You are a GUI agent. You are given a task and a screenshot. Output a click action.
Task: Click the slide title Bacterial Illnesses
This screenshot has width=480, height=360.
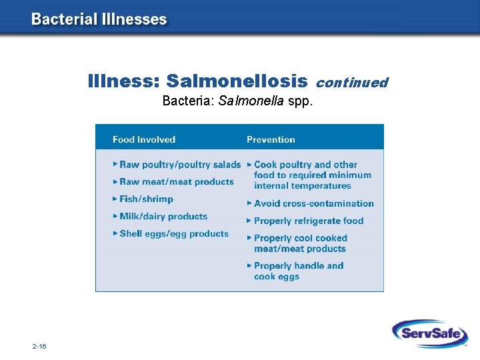(x=99, y=19)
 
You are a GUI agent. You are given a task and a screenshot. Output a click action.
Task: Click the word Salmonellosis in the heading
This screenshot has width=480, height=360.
(x=237, y=81)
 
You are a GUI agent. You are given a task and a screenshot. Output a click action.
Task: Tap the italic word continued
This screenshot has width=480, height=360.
(x=351, y=83)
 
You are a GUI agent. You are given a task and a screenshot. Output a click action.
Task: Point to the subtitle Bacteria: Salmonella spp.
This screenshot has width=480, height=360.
(x=237, y=101)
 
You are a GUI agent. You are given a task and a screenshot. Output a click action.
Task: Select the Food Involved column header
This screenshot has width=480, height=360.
(x=144, y=139)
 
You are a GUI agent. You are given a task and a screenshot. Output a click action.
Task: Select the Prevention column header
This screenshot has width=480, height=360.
(x=271, y=139)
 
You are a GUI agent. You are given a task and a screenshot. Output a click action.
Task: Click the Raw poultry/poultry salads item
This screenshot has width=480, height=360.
(x=180, y=165)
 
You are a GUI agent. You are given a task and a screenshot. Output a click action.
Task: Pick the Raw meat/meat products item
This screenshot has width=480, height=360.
(x=177, y=182)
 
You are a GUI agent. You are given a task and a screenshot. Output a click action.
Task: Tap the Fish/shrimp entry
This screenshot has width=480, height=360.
(x=146, y=199)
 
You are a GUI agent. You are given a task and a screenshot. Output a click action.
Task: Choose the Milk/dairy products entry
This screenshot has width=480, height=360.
(x=163, y=217)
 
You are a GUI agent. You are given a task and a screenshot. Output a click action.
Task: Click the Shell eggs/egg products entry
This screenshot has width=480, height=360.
(x=174, y=234)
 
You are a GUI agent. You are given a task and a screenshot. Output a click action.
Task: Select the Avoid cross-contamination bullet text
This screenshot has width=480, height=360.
(x=313, y=203)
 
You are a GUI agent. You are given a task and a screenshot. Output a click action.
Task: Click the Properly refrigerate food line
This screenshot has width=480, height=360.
(x=309, y=221)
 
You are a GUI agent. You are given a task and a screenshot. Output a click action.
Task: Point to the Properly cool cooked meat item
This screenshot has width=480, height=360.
(x=300, y=243)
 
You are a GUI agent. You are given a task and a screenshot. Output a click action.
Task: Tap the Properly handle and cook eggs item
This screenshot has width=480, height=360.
(x=299, y=271)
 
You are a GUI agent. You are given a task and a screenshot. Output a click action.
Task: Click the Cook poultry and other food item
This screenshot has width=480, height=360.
(x=311, y=175)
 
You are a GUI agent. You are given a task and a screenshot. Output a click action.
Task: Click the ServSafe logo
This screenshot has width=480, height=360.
(x=429, y=333)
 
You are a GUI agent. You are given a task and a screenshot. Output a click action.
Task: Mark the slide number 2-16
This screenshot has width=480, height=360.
(x=39, y=347)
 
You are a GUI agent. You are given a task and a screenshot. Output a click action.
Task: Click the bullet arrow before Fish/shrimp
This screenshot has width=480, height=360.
(x=115, y=199)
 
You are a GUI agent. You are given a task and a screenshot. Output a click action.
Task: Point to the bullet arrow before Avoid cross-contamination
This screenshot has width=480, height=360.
(x=249, y=203)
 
